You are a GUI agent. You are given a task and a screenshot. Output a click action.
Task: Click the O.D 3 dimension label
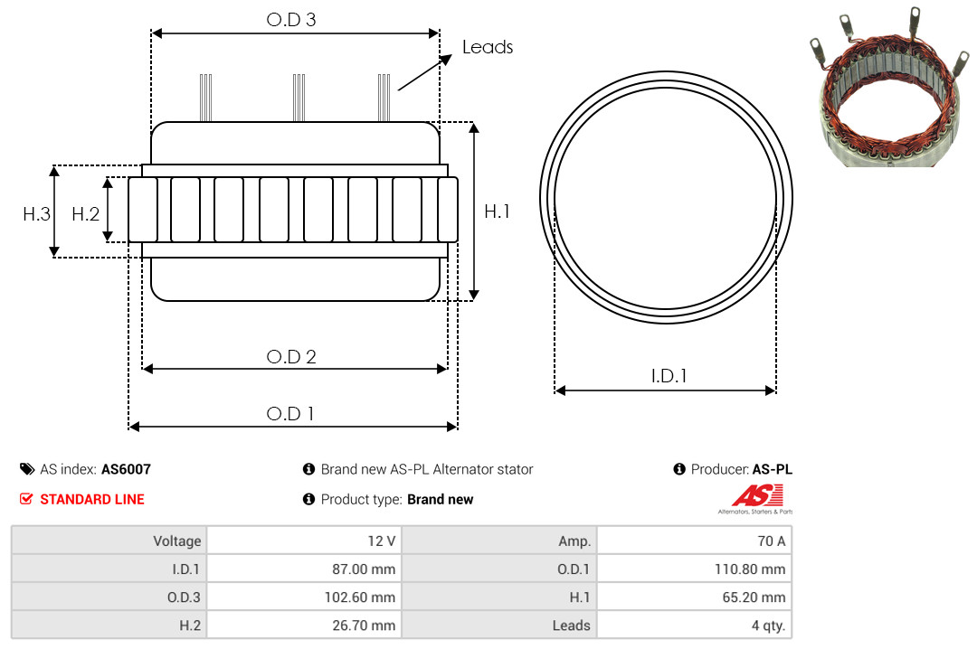pyautogui.click(x=291, y=20)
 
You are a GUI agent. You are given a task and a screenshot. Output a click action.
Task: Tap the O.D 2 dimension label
pyautogui.click(x=291, y=357)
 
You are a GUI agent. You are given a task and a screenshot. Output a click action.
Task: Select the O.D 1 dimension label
pyautogui.click(x=289, y=414)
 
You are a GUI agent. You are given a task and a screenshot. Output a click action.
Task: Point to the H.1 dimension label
pyautogui.click(x=497, y=212)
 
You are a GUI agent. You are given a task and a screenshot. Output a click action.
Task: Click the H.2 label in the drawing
pyautogui.click(x=85, y=214)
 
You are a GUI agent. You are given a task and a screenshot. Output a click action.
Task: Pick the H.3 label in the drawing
pyautogui.click(x=36, y=214)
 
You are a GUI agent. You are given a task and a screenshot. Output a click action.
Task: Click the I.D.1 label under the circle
pyautogui.click(x=669, y=376)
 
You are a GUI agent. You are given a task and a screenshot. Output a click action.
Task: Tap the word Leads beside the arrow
pyautogui.click(x=488, y=47)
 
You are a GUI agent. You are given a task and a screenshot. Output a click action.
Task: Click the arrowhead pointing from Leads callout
pyautogui.click(x=445, y=60)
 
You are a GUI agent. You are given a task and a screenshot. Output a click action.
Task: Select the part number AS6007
pyautogui.click(x=126, y=469)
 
